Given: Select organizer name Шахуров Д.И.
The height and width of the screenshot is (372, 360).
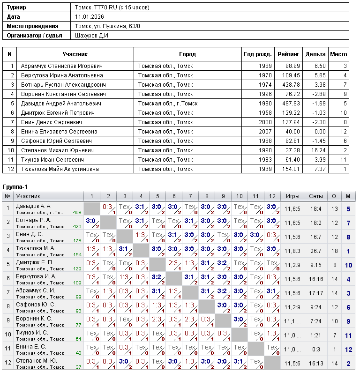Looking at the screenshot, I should pyautogui.click(x=92, y=36).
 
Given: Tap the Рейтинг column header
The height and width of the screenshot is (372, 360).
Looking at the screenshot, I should pyautogui.click(x=288, y=54).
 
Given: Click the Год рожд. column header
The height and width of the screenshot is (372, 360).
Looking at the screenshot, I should pyautogui.click(x=258, y=54).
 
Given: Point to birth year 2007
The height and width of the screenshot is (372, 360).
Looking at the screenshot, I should pyautogui.click(x=265, y=132).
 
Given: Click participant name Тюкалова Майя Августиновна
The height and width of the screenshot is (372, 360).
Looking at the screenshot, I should pyautogui.click(x=60, y=169).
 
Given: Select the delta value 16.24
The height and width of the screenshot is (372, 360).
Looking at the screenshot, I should pyautogui.click(x=317, y=150).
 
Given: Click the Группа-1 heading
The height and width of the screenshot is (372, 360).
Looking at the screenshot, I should pyautogui.click(x=15, y=187).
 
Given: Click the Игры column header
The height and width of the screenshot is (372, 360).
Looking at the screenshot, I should pyautogui.click(x=292, y=196).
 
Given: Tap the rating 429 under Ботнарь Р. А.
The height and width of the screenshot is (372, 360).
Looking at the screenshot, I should pyautogui.click(x=77, y=227).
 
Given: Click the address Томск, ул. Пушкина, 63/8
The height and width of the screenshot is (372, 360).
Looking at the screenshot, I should pyautogui.click(x=108, y=26).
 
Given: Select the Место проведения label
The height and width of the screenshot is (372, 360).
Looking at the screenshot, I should pyautogui.click(x=33, y=26).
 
